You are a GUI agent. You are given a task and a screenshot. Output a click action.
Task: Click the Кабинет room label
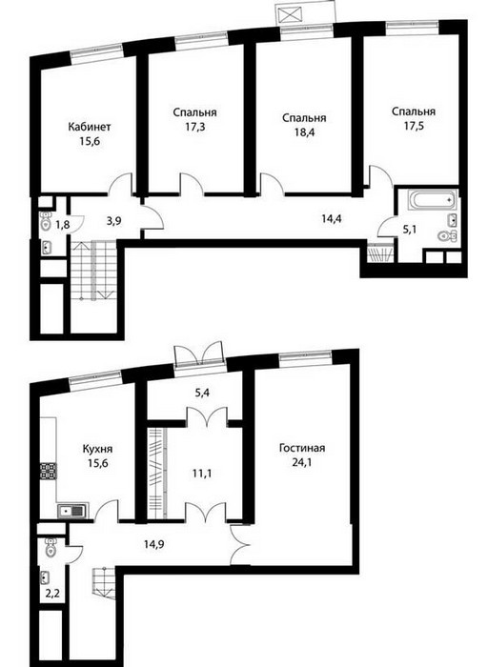[90, 127]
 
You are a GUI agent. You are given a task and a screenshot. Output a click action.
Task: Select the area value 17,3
[194, 127]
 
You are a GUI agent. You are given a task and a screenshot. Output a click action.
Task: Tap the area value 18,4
[304, 131]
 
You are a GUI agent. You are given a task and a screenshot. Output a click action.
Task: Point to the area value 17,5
[414, 127]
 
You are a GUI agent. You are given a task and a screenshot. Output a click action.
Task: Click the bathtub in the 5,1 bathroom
[431, 199]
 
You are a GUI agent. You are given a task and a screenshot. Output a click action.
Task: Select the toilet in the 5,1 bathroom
[447, 235]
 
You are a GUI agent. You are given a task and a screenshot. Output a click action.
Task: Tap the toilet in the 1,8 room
[46, 221]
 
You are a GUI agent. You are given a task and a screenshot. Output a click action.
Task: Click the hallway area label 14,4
[332, 219]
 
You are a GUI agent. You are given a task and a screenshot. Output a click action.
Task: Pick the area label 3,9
[112, 221]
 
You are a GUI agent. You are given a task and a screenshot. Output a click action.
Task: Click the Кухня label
[97, 449]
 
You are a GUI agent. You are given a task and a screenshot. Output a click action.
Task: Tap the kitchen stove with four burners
[48, 471]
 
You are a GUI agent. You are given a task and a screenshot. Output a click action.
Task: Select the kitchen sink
[73, 511]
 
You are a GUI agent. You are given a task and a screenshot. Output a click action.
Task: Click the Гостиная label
[302, 449]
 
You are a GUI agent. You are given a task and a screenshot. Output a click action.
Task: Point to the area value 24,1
[301, 462]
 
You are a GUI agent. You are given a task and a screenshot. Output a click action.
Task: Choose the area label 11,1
[202, 473]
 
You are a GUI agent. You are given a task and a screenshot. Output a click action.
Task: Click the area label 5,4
[202, 392]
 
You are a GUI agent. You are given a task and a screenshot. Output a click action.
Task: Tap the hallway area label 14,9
[154, 544]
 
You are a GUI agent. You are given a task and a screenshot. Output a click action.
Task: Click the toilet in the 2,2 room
[51, 548]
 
